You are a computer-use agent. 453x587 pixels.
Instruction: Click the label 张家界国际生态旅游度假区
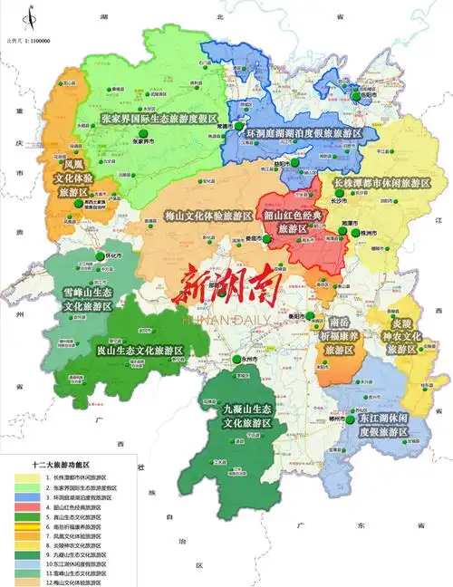159,119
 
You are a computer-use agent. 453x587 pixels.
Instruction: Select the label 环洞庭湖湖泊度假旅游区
304,132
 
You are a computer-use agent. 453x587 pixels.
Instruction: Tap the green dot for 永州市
236,360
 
